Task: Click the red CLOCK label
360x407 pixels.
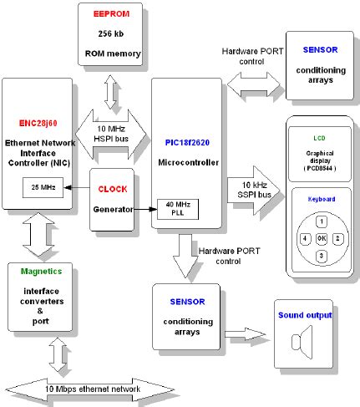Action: (x=113, y=189)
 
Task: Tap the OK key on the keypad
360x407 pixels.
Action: (x=321, y=238)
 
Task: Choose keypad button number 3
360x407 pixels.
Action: (x=321, y=254)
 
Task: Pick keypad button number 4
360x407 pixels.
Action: (x=304, y=238)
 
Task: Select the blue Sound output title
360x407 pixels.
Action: (x=304, y=315)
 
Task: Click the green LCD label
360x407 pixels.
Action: (x=319, y=138)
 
